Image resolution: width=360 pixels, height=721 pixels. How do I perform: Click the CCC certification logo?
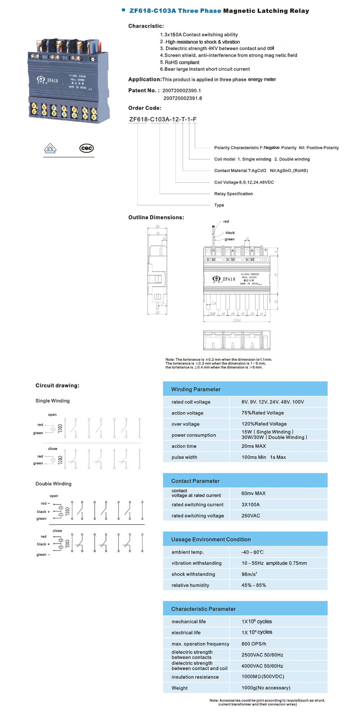86,148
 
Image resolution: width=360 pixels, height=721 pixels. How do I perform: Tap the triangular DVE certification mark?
50,148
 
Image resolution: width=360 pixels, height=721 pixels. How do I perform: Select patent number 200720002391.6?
183,98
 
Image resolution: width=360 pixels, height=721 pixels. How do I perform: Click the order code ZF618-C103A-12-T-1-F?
163,119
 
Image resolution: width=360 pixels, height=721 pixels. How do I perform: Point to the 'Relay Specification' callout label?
233,194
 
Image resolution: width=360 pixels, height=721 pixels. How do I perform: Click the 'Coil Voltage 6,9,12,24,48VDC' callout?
244,182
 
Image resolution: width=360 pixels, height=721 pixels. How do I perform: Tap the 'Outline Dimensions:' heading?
156,217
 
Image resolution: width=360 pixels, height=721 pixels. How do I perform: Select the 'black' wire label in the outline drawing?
230,233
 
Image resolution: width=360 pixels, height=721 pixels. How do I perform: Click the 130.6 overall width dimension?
237,320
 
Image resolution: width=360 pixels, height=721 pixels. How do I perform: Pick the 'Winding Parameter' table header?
196,389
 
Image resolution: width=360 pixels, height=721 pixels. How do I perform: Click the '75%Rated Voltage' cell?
262,413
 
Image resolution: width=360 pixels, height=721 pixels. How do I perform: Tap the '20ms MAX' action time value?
253,446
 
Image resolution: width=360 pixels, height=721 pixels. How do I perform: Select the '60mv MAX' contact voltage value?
253,493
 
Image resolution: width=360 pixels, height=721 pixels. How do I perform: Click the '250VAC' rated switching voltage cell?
251,516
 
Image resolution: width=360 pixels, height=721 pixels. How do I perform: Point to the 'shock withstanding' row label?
193,574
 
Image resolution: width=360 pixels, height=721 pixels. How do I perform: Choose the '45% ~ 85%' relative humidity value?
253,585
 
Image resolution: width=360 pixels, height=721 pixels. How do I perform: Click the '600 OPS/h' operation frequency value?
254,644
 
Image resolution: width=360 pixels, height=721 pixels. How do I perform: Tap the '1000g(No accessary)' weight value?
266,688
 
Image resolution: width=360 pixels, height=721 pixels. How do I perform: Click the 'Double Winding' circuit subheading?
53,484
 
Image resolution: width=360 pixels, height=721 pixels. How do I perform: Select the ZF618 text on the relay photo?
52,81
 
